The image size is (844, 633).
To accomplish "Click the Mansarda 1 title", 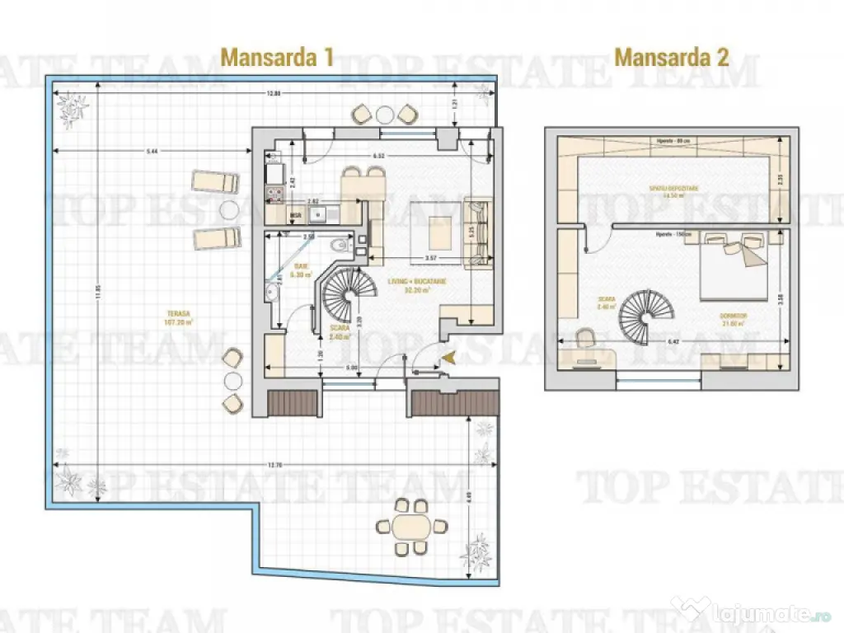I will pos(277,57).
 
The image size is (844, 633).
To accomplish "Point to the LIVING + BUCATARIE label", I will pos(417,285).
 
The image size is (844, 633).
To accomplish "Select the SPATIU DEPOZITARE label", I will pos(673,191).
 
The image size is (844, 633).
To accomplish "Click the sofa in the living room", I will pos(476,233).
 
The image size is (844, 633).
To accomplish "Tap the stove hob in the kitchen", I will pos(273,195).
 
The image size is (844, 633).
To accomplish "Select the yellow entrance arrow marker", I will pos(448,356).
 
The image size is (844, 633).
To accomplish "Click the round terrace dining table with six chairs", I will pos(410,526).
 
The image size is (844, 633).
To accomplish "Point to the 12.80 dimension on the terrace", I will pos(274,93).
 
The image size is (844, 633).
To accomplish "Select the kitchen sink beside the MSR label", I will pos(317,215).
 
